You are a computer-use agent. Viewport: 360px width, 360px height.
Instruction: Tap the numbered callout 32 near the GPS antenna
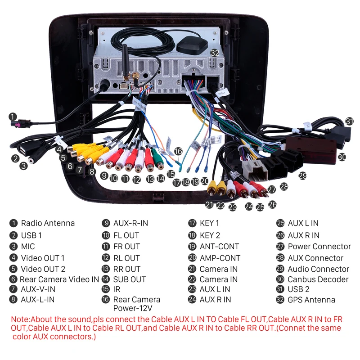[x=215, y=53]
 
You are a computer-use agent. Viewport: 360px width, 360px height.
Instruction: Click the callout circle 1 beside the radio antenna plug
[x=13, y=116]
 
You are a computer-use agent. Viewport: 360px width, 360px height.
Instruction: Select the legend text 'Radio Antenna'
[x=48, y=223]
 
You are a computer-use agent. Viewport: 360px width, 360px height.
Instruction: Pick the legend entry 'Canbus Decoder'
[x=318, y=279]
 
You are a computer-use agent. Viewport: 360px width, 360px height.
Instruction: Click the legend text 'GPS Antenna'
[x=311, y=300]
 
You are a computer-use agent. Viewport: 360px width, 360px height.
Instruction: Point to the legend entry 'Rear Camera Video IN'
[x=59, y=279]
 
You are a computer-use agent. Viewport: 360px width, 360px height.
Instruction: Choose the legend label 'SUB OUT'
[x=129, y=279]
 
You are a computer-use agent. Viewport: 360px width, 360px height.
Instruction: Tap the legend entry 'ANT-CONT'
[x=219, y=247]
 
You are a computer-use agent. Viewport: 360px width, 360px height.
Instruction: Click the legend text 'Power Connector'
[x=319, y=247]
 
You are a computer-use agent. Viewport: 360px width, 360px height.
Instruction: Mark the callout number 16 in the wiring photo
[x=179, y=152]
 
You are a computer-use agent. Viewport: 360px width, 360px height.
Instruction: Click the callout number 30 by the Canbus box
[x=342, y=157]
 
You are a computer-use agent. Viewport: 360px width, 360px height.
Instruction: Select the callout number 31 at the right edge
[x=350, y=121]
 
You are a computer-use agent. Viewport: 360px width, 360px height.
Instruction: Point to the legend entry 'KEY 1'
[x=209, y=223]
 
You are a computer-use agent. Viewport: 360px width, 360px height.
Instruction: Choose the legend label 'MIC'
[x=27, y=247]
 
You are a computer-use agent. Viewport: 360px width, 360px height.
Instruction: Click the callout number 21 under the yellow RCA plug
[x=209, y=205]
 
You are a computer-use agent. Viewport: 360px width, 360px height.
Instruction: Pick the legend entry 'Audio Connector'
[x=318, y=269]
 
